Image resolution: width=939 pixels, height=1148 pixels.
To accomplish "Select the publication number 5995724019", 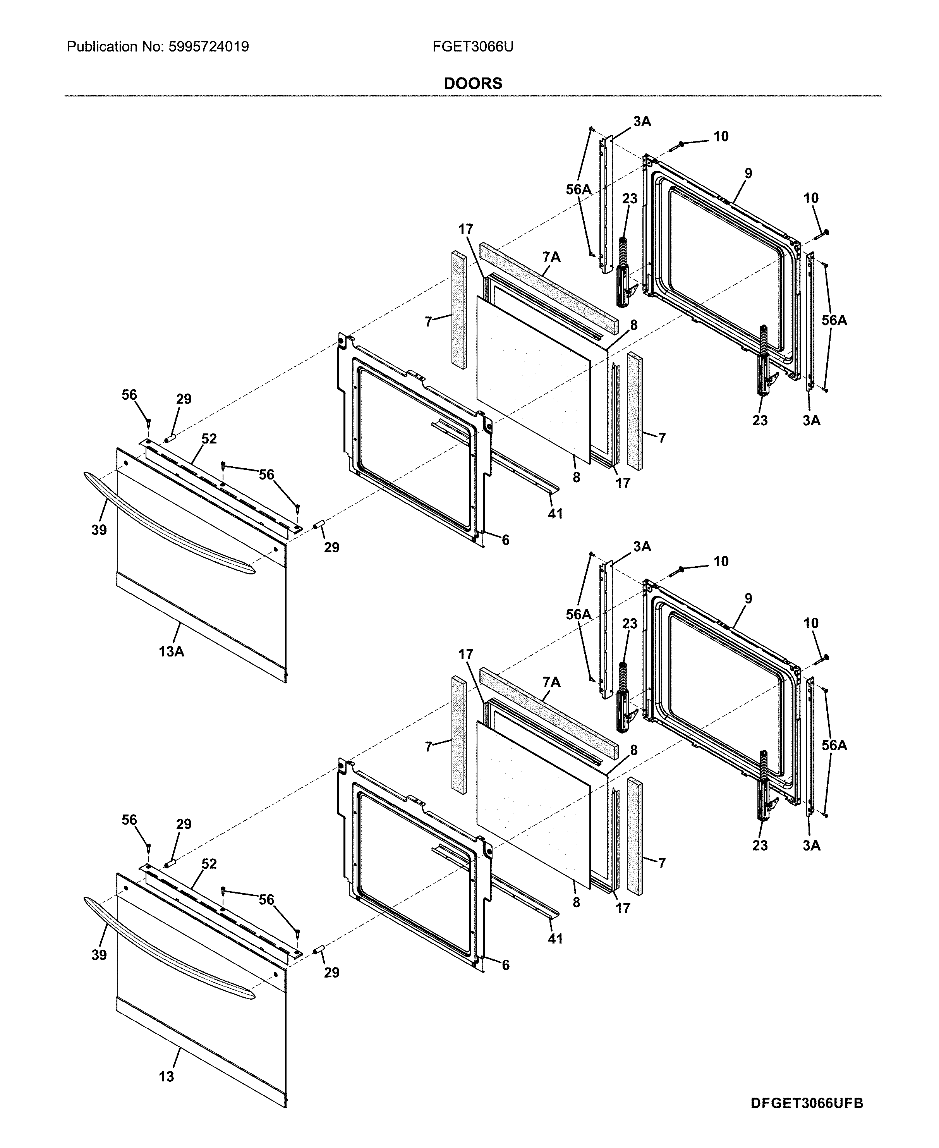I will tap(209, 47).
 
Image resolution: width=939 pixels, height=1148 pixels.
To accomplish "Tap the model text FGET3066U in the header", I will tap(473, 47).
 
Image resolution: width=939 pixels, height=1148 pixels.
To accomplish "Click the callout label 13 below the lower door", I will tap(166, 1077).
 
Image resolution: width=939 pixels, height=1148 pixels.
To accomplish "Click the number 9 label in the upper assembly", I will tap(748, 174).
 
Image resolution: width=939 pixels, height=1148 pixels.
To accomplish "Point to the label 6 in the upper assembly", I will tap(505, 540).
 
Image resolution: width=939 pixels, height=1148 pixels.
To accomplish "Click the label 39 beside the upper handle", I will tap(99, 530).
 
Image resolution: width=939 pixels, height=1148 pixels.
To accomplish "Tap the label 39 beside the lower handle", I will tap(99, 956).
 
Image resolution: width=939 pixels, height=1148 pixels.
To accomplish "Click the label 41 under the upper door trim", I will tap(556, 514).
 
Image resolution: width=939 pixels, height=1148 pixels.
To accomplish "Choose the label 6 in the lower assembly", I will tap(505, 965).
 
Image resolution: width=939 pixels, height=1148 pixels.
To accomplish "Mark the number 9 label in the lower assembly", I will tap(748, 599).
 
